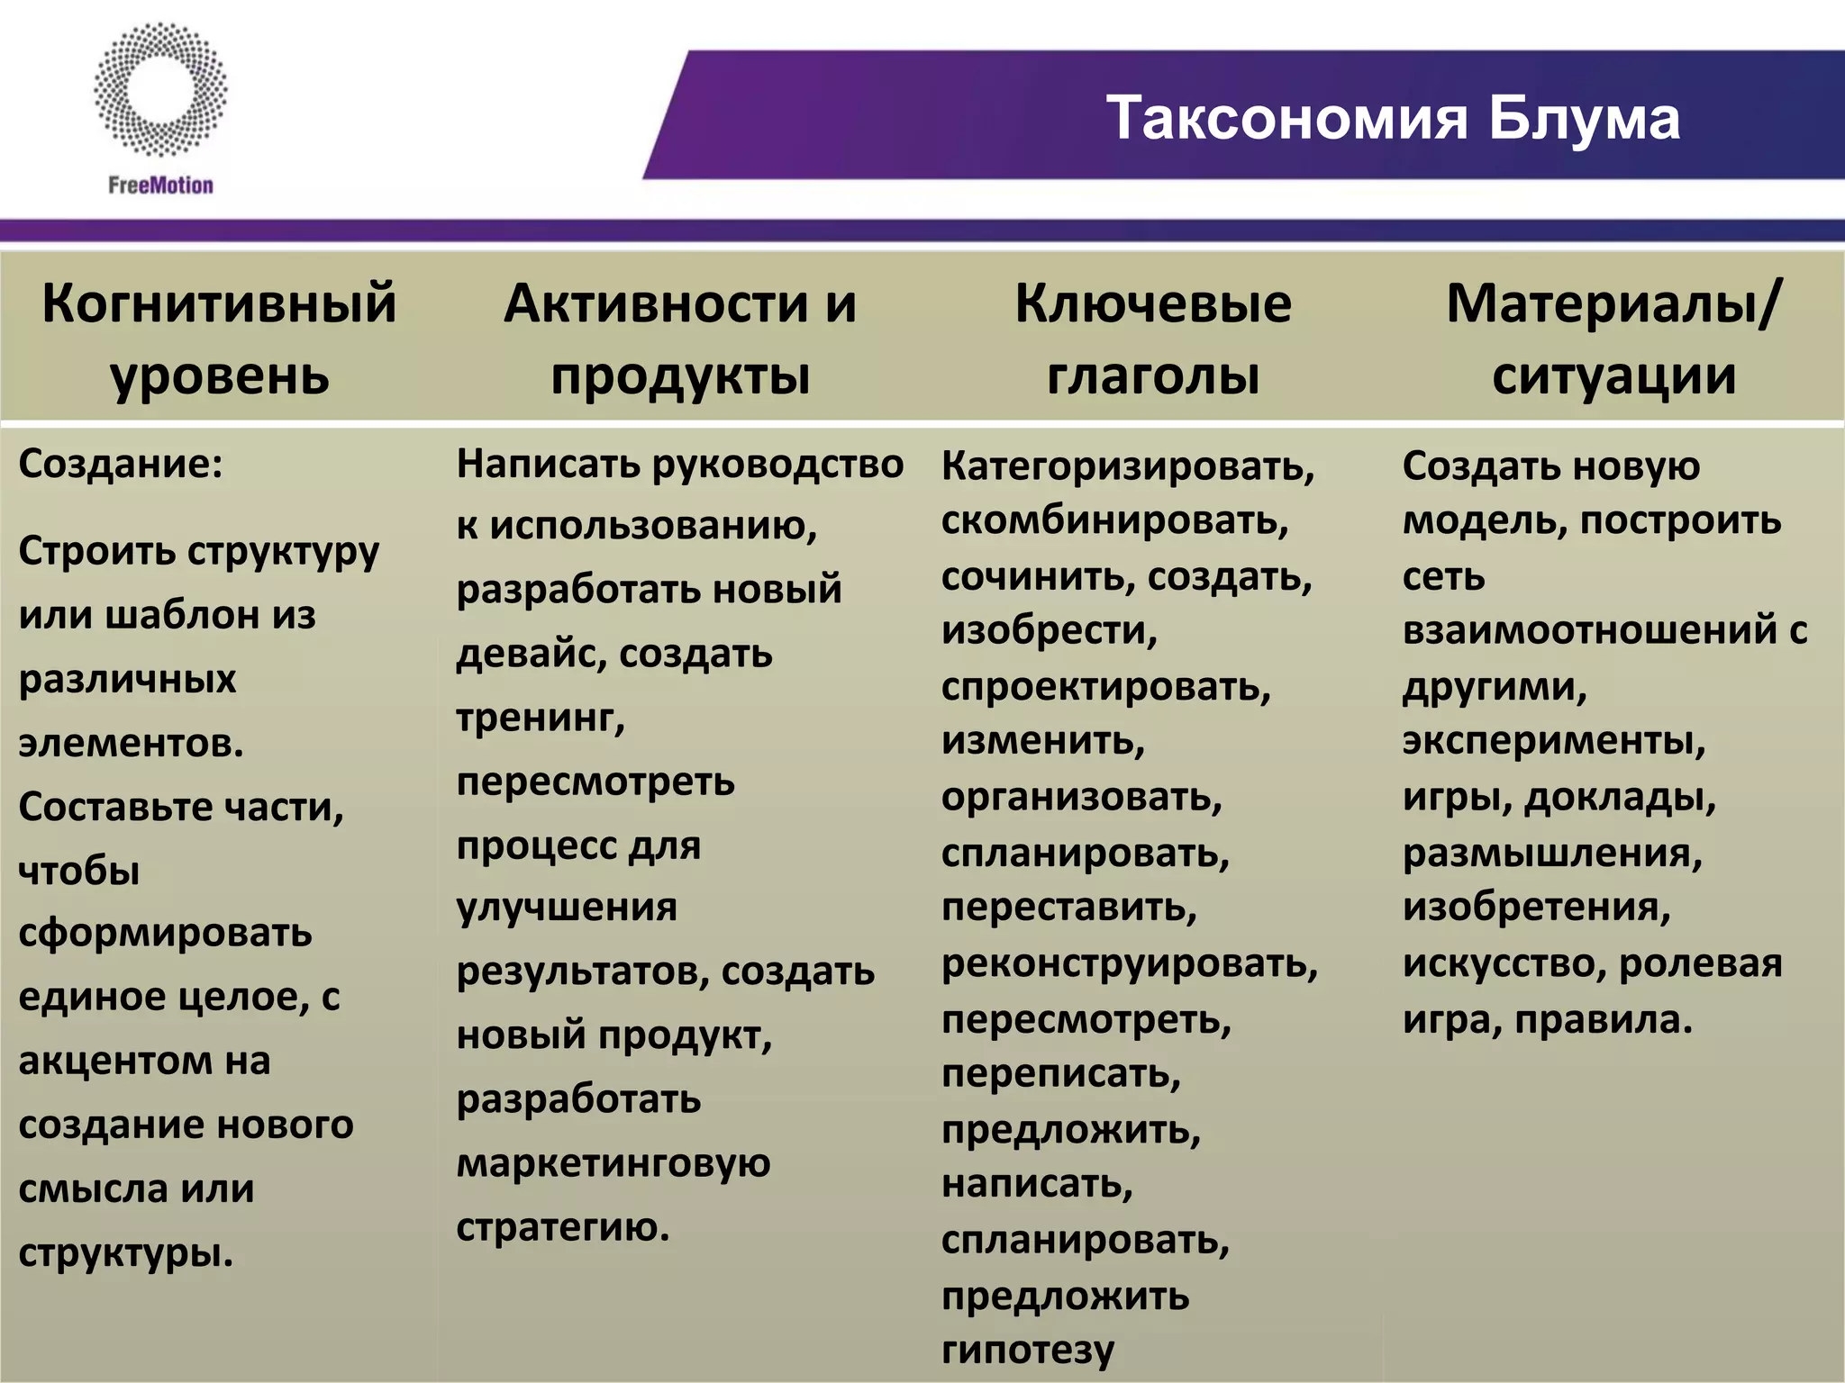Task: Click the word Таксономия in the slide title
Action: (1289, 118)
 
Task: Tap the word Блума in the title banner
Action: (1584, 118)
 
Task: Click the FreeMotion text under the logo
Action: (161, 185)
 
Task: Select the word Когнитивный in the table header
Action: (219, 303)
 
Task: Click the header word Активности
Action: (656, 303)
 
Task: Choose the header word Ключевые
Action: (1153, 303)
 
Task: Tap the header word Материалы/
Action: (1613, 303)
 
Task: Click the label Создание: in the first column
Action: (121, 465)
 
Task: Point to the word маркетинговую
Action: (613, 1163)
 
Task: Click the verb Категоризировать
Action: (1128, 466)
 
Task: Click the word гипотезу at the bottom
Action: (1028, 1349)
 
